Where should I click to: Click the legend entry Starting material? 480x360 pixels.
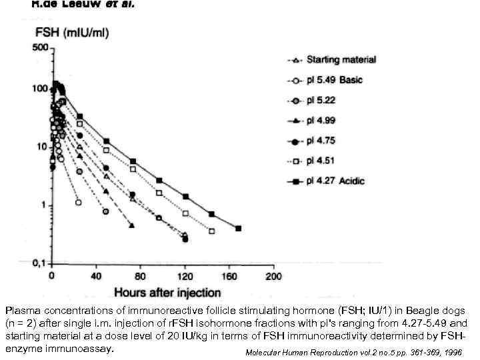coord(341,60)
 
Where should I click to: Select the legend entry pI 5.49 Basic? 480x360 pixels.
coord(334,81)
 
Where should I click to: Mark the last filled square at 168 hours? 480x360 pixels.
coord(238,229)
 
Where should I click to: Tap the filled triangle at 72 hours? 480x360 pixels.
coord(131,226)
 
